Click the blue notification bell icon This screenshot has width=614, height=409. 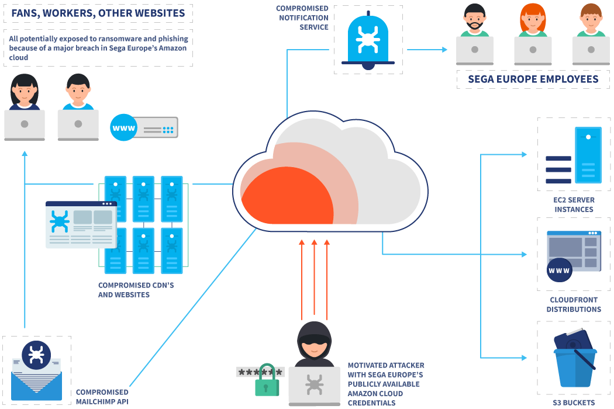tap(368, 40)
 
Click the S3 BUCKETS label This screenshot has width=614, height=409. tap(574, 403)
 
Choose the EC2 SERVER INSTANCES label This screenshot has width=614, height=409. tap(574, 204)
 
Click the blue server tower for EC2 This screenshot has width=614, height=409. tap(588, 155)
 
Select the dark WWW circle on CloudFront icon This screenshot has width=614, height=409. tap(560, 271)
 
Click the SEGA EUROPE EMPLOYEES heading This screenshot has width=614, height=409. tap(533, 79)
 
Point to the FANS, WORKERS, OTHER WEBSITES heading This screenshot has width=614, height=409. tap(98, 12)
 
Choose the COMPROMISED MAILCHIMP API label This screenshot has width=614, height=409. tap(102, 397)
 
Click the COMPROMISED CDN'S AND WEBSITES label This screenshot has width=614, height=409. tap(136, 290)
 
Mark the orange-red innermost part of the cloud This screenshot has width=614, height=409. tap(287, 202)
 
